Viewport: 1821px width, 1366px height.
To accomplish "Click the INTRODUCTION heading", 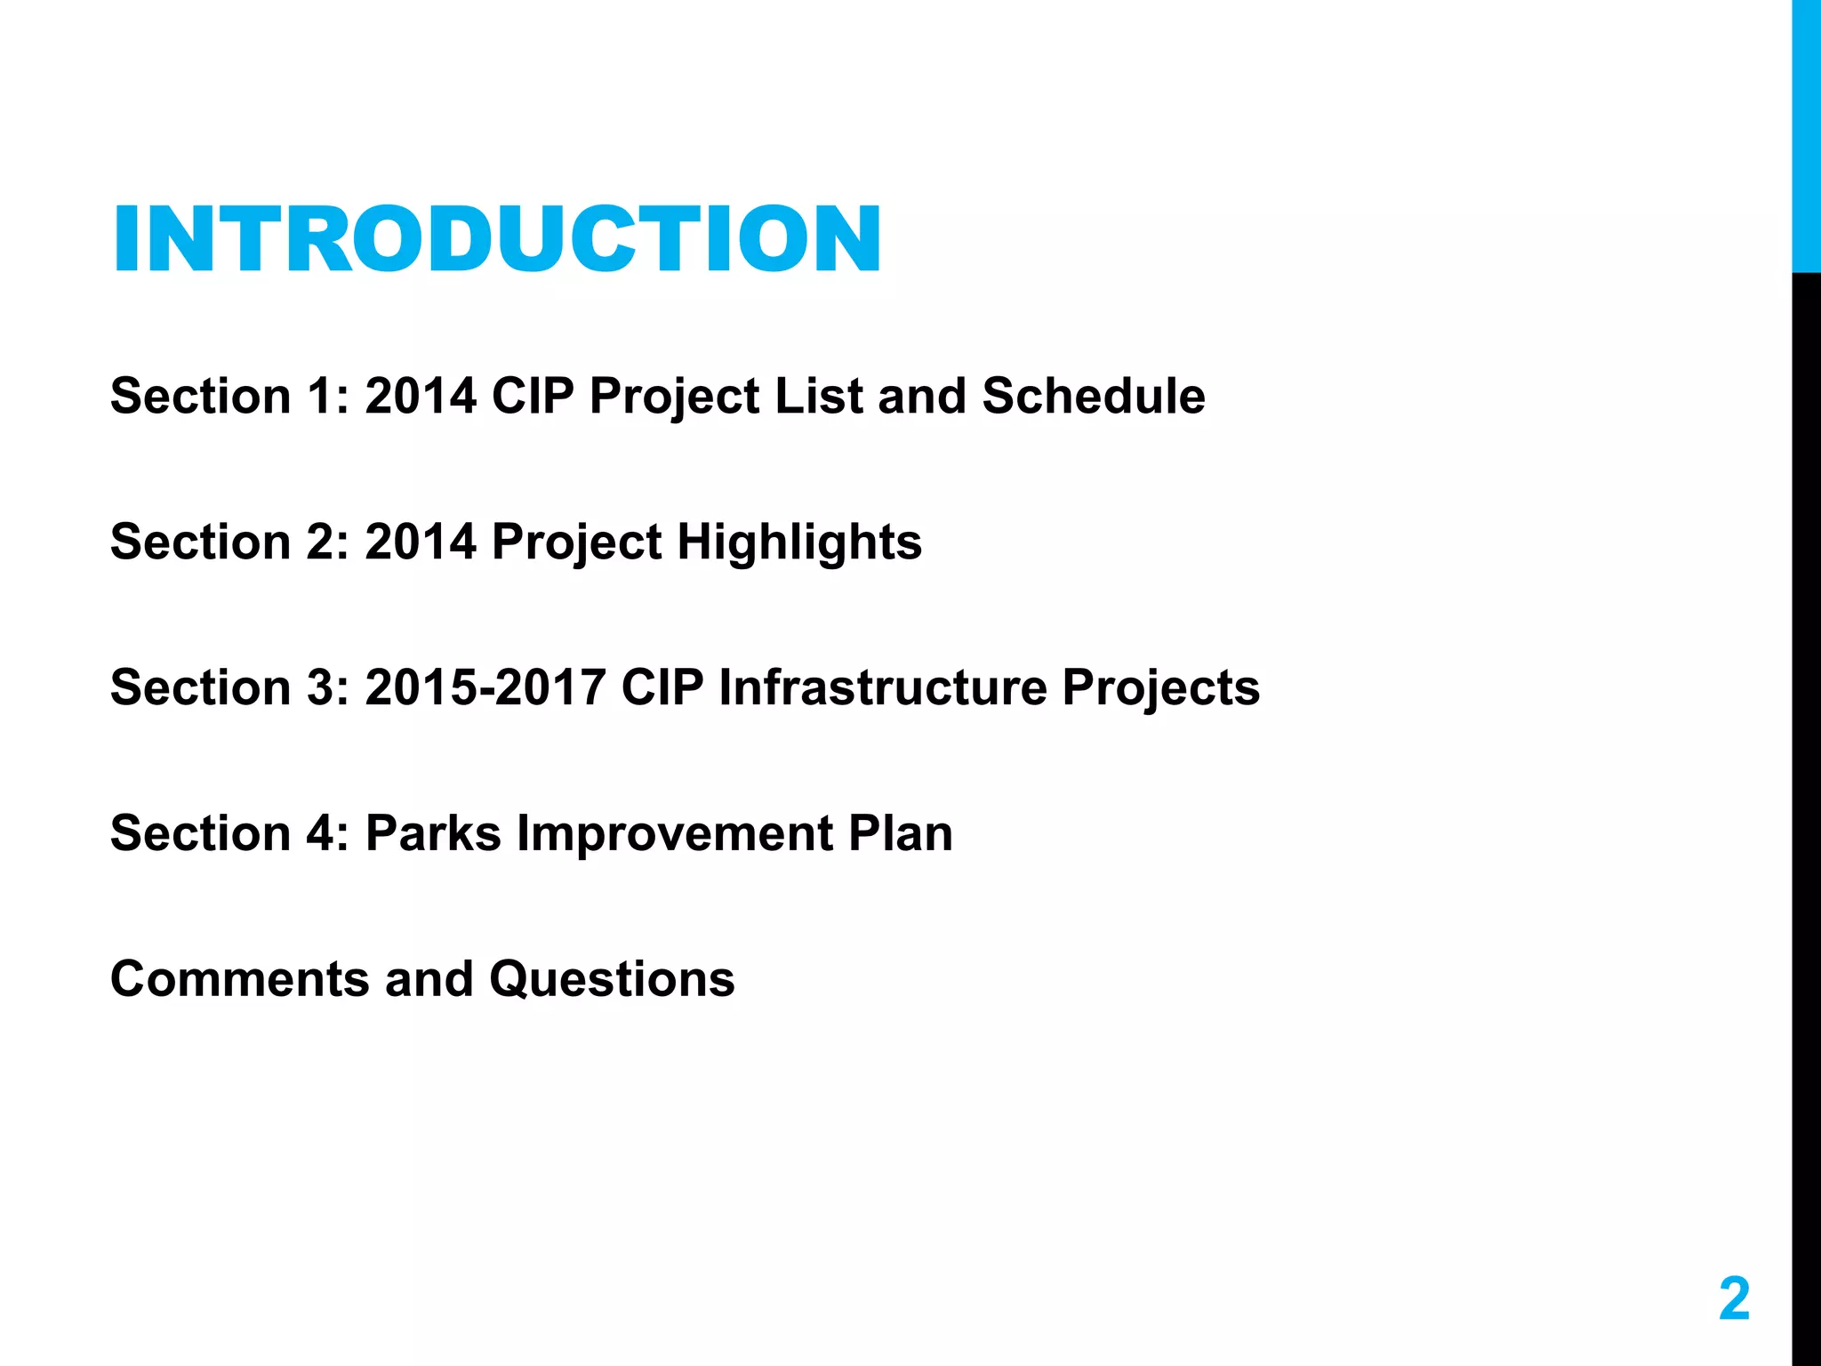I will pos(496,238).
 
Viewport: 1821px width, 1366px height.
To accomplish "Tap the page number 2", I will pos(1733,1298).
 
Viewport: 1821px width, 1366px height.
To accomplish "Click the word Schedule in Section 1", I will pos(1093,396).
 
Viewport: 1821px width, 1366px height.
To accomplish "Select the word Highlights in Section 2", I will pos(798,542).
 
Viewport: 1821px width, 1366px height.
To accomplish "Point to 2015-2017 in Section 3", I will pos(485,687).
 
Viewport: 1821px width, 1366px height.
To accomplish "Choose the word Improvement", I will pos(675,833).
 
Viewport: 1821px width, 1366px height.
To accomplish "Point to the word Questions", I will pos(612,979).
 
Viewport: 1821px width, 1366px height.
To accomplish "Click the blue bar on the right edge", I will pos(1806,133).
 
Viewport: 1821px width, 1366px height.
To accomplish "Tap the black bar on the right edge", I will pos(1806,800).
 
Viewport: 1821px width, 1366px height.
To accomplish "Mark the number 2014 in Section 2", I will pos(421,542).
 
